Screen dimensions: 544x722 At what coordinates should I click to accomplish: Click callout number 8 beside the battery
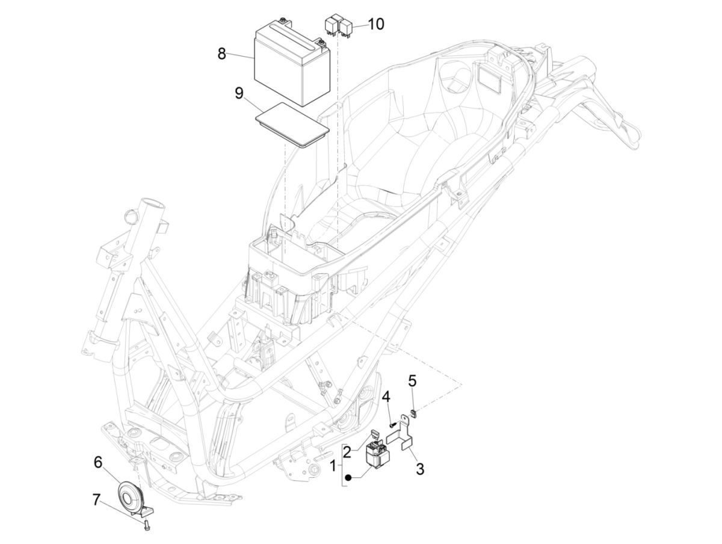coord(222,54)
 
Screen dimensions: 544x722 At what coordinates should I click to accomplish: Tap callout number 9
coord(239,93)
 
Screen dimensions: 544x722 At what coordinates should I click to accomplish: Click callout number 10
coord(375,24)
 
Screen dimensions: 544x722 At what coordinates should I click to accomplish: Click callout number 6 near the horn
coord(98,462)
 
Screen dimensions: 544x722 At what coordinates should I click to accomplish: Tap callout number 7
coord(96,499)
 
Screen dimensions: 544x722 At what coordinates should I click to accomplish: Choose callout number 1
coord(334,465)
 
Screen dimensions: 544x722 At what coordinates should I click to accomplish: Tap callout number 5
coord(412,380)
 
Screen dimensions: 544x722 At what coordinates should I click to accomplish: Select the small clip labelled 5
coord(413,412)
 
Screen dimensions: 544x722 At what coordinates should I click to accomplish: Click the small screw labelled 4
coord(392,425)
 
